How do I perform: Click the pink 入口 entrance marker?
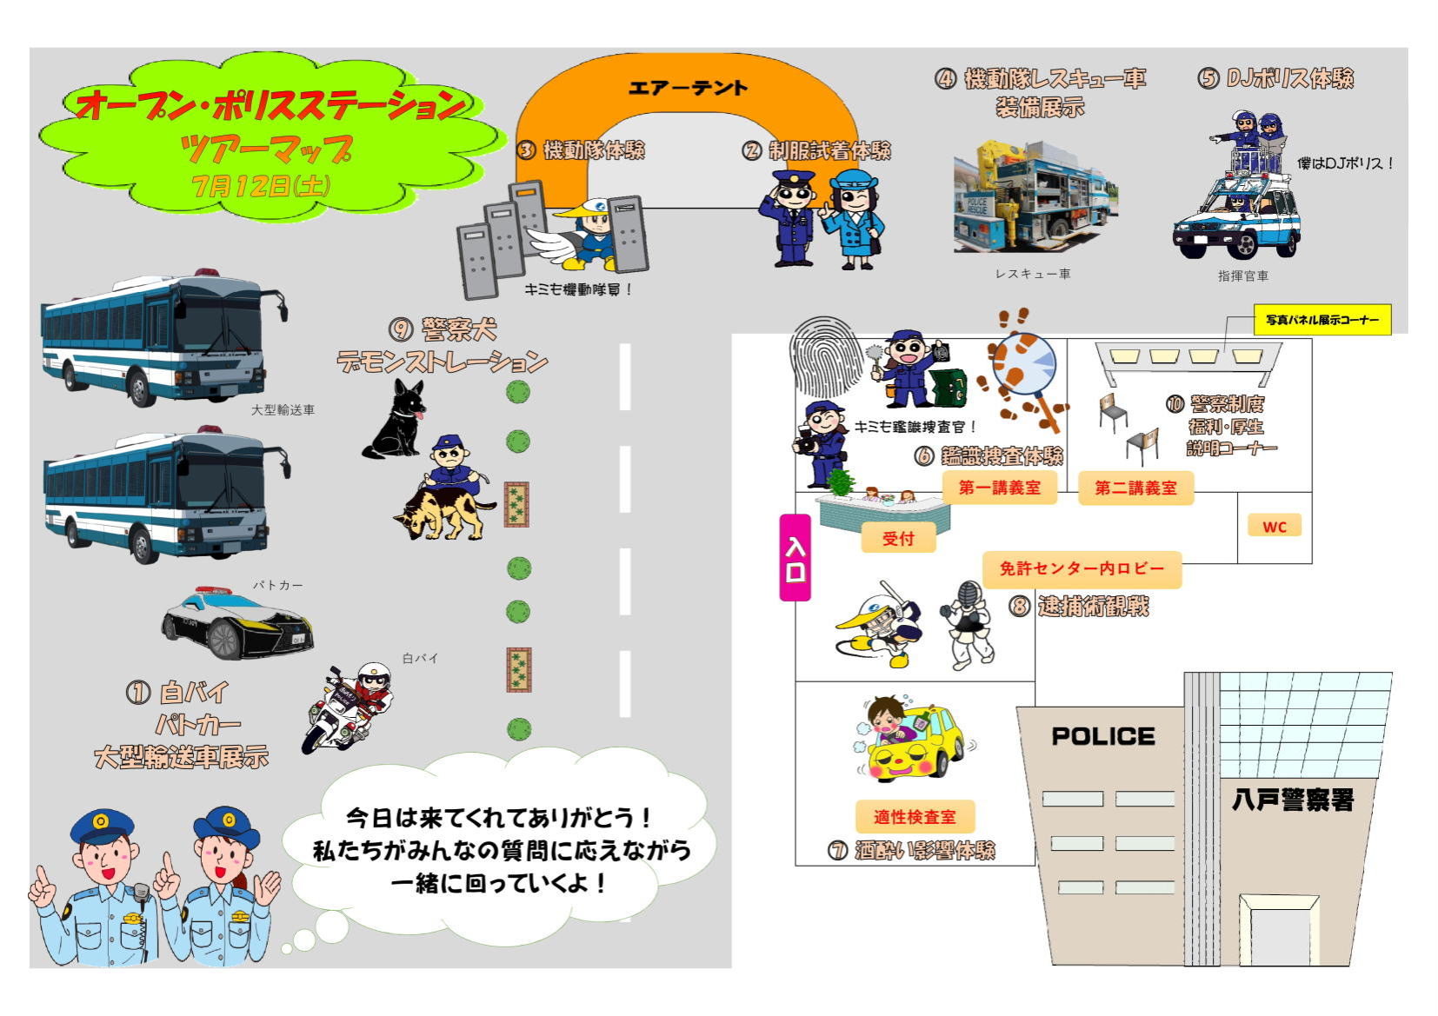pyautogui.click(x=795, y=558)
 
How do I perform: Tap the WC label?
pyautogui.click(x=1274, y=526)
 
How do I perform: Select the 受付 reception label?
pyautogui.click(x=898, y=538)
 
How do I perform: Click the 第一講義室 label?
pyautogui.click(x=999, y=488)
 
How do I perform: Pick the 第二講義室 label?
pyautogui.click(x=1135, y=488)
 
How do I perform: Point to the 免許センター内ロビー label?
pyautogui.click(x=1082, y=568)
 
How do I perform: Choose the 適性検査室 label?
pyautogui.click(x=914, y=817)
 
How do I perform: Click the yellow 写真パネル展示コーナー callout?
pyautogui.click(x=1321, y=320)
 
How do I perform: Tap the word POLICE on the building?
pyautogui.click(x=1102, y=736)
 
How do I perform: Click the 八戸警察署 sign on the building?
pyautogui.click(x=1293, y=799)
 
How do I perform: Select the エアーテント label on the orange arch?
pyautogui.click(x=687, y=88)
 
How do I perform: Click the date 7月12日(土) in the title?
pyautogui.click(x=261, y=186)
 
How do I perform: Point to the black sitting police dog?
pyautogui.click(x=396, y=420)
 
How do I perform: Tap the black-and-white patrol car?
pyautogui.click(x=236, y=622)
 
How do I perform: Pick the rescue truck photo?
pyautogui.click(x=1035, y=198)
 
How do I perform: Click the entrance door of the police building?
pyautogui.click(x=1279, y=933)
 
